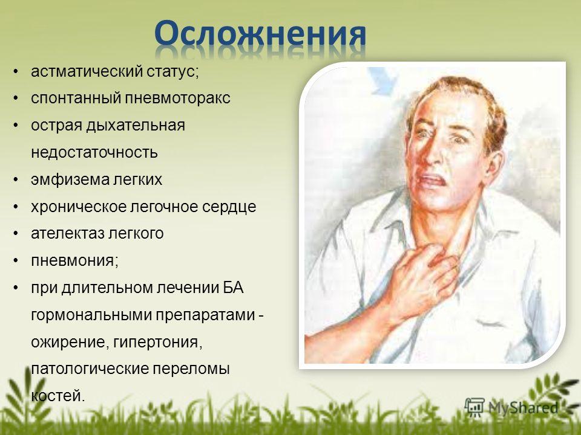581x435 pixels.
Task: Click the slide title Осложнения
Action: point(260,34)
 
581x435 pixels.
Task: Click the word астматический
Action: point(87,71)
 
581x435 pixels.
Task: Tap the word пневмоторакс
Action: point(177,98)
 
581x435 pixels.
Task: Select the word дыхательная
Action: point(136,126)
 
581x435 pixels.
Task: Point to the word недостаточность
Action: point(94,152)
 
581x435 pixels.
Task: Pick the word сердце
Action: point(229,207)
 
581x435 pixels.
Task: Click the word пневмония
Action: point(74,261)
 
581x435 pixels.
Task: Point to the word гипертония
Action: point(158,342)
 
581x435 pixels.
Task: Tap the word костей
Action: point(58,396)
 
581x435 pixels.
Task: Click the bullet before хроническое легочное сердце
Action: point(15,207)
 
